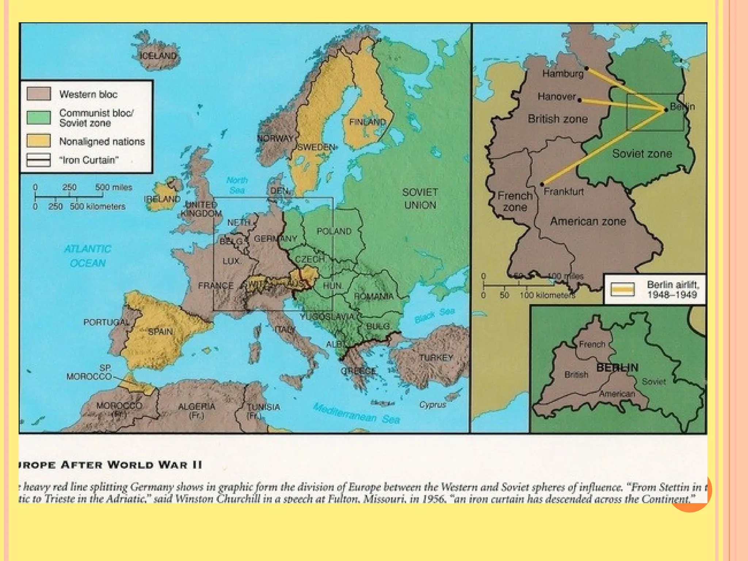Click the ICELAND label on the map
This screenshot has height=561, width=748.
(x=158, y=56)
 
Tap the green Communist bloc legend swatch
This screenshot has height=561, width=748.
(x=39, y=118)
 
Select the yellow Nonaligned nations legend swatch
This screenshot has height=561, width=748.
(x=39, y=141)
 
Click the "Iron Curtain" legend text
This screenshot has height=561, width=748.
(x=89, y=160)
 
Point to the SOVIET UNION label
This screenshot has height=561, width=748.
(x=420, y=198)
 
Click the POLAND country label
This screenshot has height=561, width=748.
(x=334, y=231)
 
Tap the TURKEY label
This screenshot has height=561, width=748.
(x=436, y=358)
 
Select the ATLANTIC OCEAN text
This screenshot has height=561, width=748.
(x=88, y=256)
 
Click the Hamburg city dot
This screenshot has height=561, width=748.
(x=587, y=68)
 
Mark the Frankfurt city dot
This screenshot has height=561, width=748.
(x=542, y=184)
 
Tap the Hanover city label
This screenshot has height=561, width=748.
(x=557, y=96)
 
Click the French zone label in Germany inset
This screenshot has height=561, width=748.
(x=515, y=201)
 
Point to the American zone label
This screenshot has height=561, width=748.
(x=588, y=221)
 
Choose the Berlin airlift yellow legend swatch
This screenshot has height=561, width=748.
(x=622, y=290)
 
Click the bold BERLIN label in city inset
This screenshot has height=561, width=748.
(x=617, y=367)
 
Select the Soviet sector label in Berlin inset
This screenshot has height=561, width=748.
(x=654, y=382)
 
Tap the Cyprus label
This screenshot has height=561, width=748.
(x=433, y=405)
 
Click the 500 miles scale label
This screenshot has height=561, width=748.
(x=114, y=187)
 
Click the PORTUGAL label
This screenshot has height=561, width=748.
(x=106, y=322)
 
